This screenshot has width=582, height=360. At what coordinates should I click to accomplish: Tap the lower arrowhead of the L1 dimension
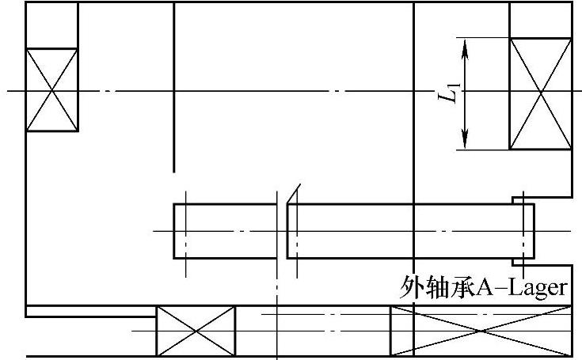coord(466,142)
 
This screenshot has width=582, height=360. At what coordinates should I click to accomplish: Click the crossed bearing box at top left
coord(52,89)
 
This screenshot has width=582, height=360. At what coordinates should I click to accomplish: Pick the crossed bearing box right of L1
coord(540,93)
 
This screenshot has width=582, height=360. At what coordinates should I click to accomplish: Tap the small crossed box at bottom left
coord(196,331)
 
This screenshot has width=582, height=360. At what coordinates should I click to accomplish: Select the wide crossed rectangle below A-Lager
coord(481,331)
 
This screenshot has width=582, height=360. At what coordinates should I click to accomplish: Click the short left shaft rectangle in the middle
coord(225,231)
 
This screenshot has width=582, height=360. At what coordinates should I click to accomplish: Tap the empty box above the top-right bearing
coord(540,20)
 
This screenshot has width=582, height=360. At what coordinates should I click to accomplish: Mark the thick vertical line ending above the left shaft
coord(173,87)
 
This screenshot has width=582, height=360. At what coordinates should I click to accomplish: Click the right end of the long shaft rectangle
coord(533,231)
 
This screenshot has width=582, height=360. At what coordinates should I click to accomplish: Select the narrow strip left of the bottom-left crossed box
coord(91,311)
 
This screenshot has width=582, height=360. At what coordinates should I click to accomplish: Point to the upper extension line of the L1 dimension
coord(483,37)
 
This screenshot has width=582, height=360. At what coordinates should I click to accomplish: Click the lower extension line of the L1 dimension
coord(483,150)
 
